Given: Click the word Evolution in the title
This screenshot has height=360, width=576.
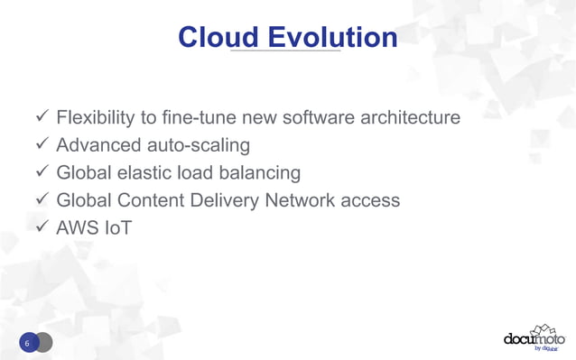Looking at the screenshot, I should tap(329, 37).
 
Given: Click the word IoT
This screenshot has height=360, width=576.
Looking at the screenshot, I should tap(116, 227).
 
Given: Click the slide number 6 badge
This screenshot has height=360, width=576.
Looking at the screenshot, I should tap(28, 343).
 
